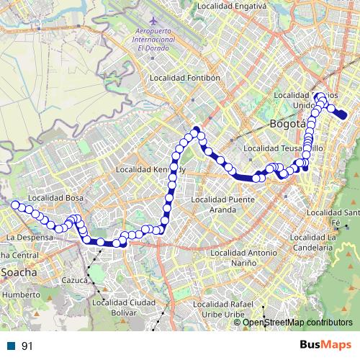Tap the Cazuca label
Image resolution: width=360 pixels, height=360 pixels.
tap(75, 279)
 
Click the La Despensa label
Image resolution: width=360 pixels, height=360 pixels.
tap(30, 236)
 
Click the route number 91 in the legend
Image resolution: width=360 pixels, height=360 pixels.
tap(27, 346)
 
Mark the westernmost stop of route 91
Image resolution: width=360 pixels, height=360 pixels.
tap(14, 204)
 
